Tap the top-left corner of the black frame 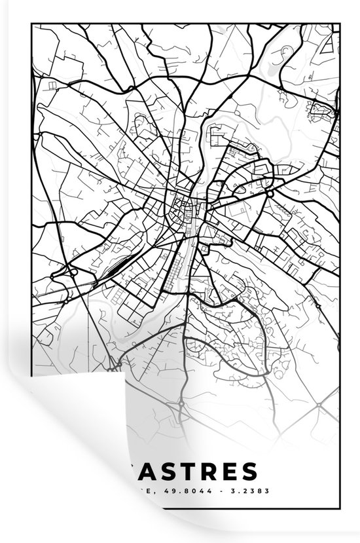click(x=31, y=24)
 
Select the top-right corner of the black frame click(x=340, y=24)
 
